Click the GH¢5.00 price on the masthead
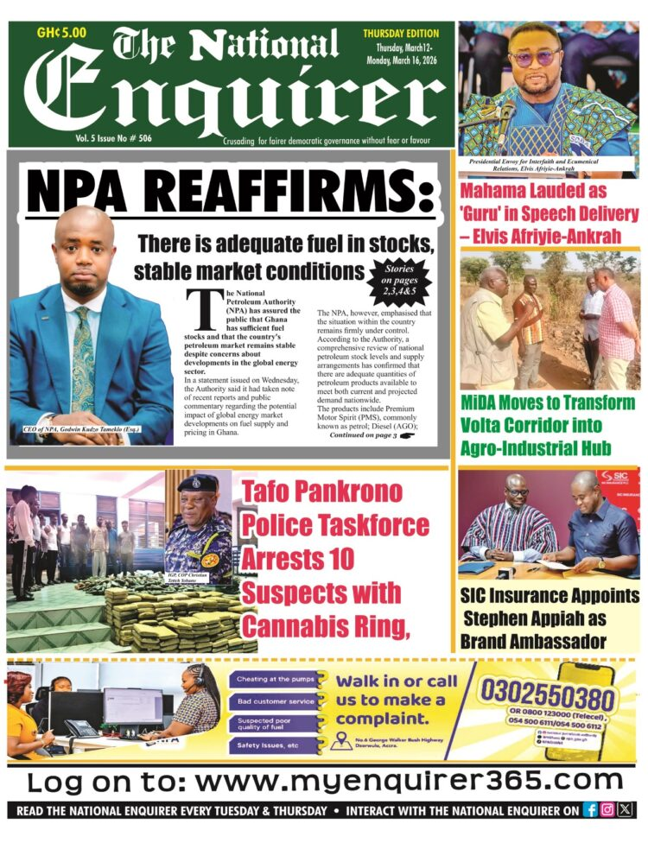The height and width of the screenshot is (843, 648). click(x=60, y=33)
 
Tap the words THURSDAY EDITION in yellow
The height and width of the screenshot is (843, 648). click(x=401, y=34)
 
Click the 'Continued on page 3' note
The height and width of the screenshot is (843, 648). click(x=363, y=436)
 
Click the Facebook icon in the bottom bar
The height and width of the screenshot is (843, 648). click(x=591, y=810)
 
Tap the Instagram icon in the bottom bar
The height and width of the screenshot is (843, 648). click(x=607, y=810)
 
